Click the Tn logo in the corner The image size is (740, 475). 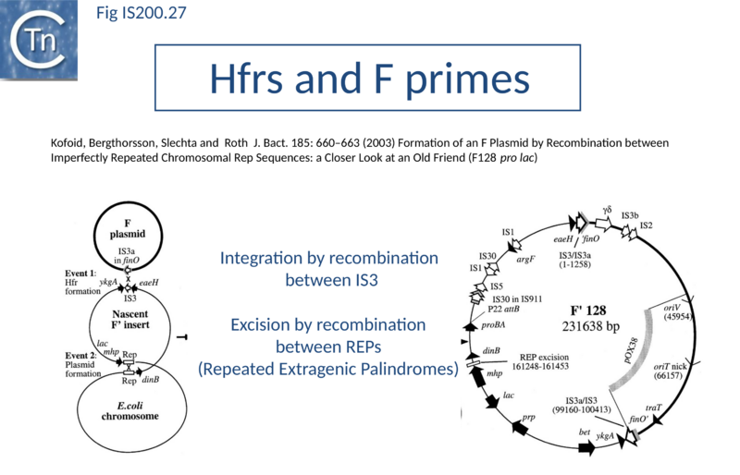coord(38,39)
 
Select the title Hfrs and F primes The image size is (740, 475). coord(370,79)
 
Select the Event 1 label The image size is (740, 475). coord(80,274)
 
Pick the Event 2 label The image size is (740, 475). coord(80,355)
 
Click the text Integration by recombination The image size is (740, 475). coord(329,258)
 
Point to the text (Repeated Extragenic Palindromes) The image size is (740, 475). coord(328,369)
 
